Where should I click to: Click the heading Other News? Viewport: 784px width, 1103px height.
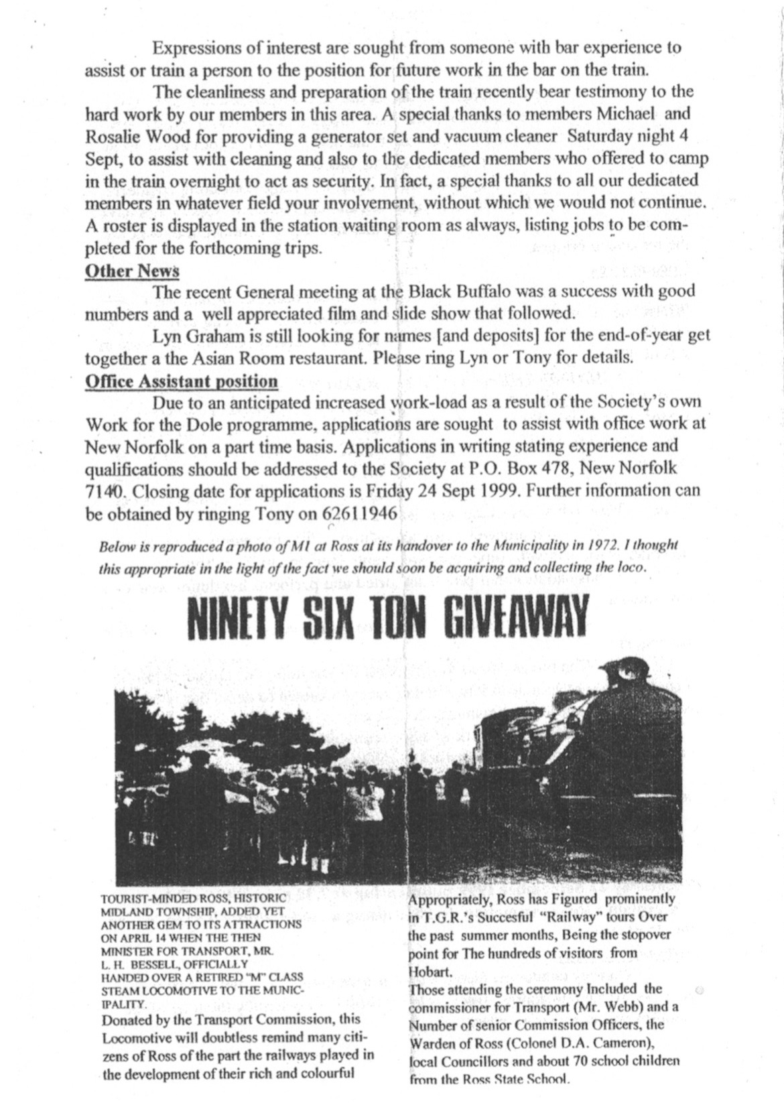click(x=133, y=271)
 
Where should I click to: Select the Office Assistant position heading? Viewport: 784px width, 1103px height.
click(x=182, y=381)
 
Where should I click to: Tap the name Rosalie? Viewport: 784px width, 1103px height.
click(x=110, y=137)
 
